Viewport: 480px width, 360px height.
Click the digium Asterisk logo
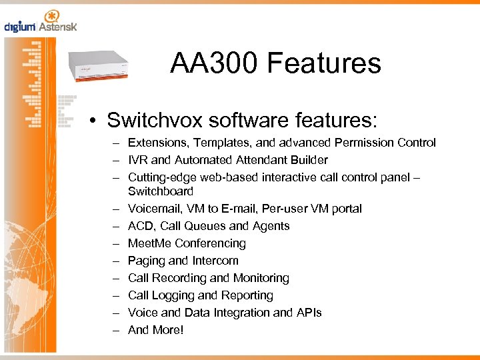coord(41,22)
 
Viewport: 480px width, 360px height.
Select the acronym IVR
coord(138,160)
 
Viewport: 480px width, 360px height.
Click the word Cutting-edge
coord(161,177)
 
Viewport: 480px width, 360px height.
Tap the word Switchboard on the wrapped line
coord(160,191)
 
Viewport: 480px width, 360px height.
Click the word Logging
coord(174,295)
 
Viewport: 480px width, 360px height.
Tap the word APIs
coord(309,313)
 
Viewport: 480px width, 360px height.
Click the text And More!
coord(155,330)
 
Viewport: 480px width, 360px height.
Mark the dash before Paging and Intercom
coord(116,261)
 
